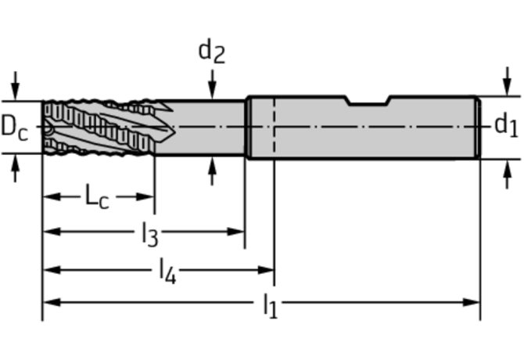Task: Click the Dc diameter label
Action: click(14, 126)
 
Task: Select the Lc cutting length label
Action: click(96, 197)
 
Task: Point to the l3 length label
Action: click(149, 234)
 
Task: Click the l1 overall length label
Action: click(269, 305)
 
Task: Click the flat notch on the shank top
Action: click(368, 102)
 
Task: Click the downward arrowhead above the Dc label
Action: click(14, 92)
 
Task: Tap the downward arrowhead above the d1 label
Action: click(504, 89)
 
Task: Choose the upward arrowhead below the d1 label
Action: click(504, 165)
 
